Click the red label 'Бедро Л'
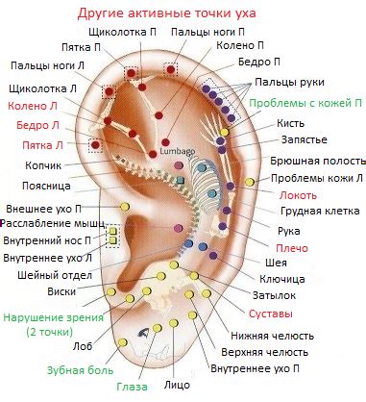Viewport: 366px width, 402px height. coord(44,125)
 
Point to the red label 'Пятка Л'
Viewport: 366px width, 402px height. coord(43,145)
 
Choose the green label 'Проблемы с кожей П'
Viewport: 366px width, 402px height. coord(305,102)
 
